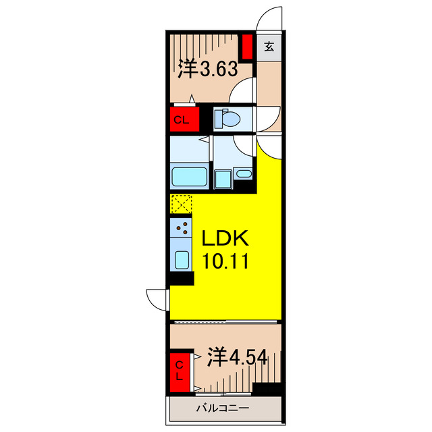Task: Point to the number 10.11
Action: point(223,260)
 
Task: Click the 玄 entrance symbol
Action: point(269,47)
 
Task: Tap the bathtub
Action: point(189,178)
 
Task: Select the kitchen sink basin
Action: point(181,259)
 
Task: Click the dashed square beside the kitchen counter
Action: point(181,204)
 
